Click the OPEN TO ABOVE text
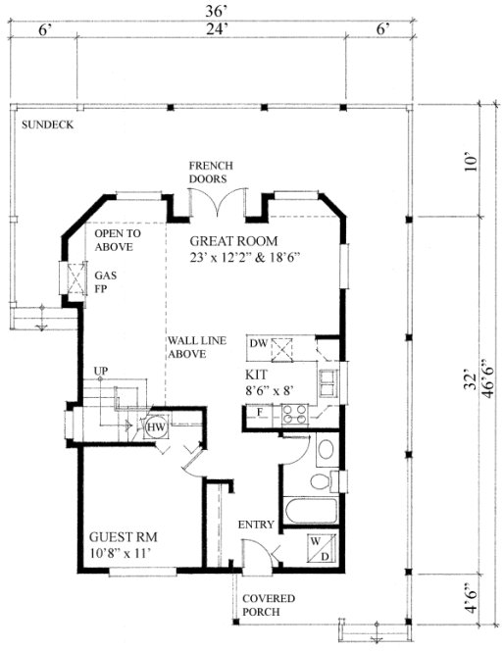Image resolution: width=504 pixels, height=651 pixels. [118, 241]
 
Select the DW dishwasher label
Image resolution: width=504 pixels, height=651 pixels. [259, 343]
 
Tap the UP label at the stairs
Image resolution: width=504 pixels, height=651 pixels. [99, 370]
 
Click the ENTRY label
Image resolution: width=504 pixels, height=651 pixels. [257, 526]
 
